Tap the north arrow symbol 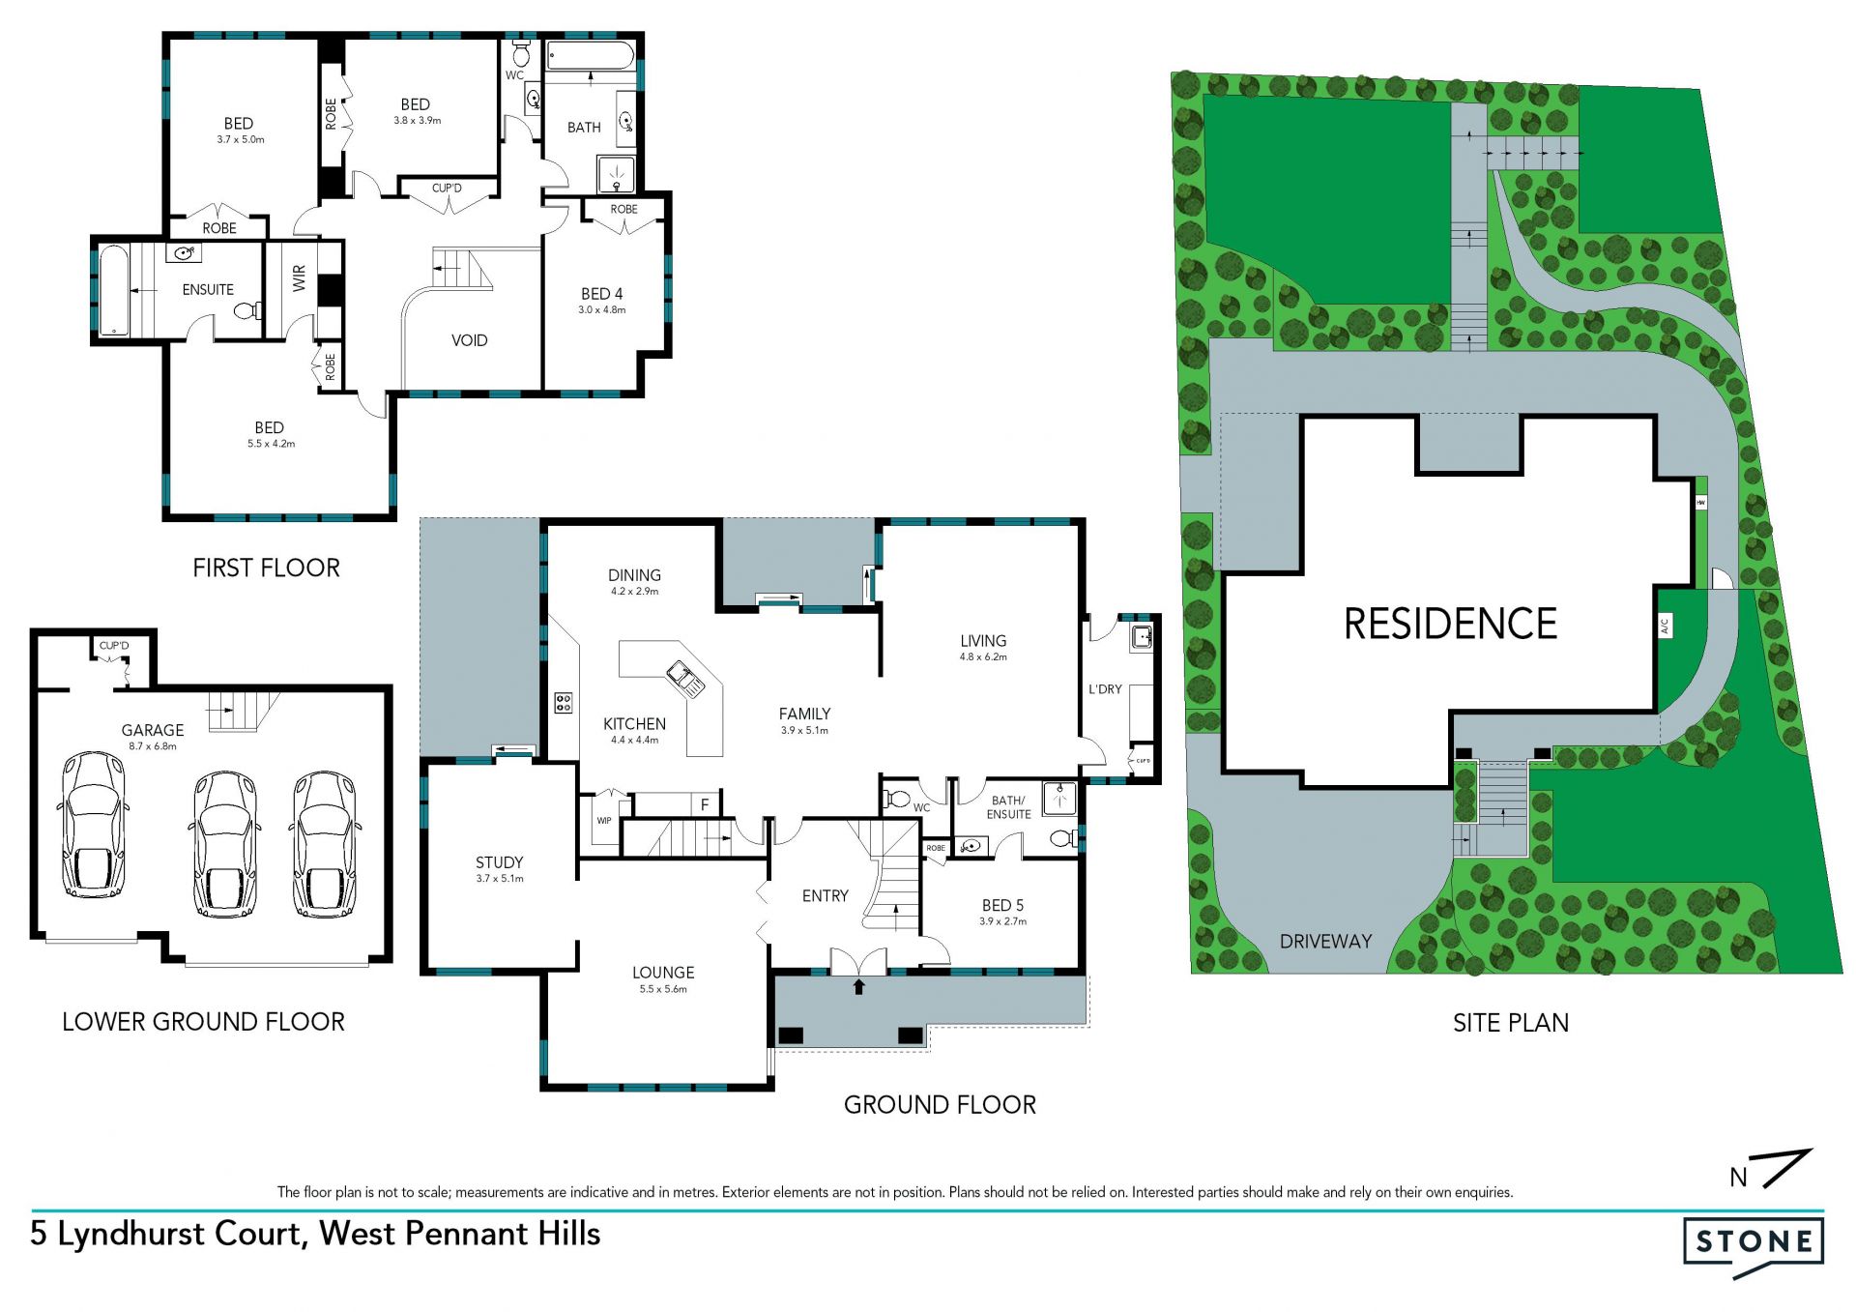point(1770,1169)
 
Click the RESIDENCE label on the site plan point(1450,624)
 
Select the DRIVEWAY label point(1325,941)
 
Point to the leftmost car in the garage point(93,825)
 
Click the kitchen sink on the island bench point(685,679)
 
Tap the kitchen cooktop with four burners point(563,703)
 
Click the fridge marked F point(705,804)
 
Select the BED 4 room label point(601,294)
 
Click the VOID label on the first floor point(470,340)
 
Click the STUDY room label point(500,862)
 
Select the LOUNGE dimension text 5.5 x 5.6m point(663,989)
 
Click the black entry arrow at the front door point(858,986)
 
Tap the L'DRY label point(1105,689)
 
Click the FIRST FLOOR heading point(267,568)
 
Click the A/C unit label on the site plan point(1665,627)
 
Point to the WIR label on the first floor point(299,278)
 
